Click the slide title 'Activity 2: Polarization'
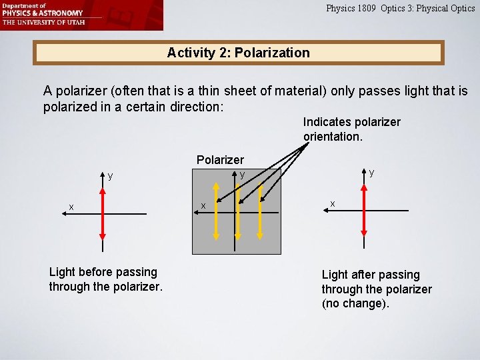pyautogui.click(x=238, y=53)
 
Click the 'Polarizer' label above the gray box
pyautogui.click(x=220, y=160)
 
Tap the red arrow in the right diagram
pyautogui.click(x=363, y=211)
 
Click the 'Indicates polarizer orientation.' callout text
pyautogui.click(x=351, y=129)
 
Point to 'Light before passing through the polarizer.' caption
pyautogui.click(x=105, y=279)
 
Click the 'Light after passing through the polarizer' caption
pyautogui.click(x=377, y=282)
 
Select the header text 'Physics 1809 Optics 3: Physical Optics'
pyautogui.click(x=400, y=9)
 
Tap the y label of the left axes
pyautogui.click(x=111, y=177)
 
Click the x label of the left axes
pyautogui.click(x=71, y=207)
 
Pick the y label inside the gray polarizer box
pyautogui.click(x=243, y=175)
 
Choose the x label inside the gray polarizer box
pyautogui.click(x=203, y=205)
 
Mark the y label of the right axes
pyautogui.click(x=371, y=173)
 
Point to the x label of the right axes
pyautogui.click(x=333, y=203)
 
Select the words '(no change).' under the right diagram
pyautogui.click(x=355, y=304)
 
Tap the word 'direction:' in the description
pyautogui.click(x=194, y=107)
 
